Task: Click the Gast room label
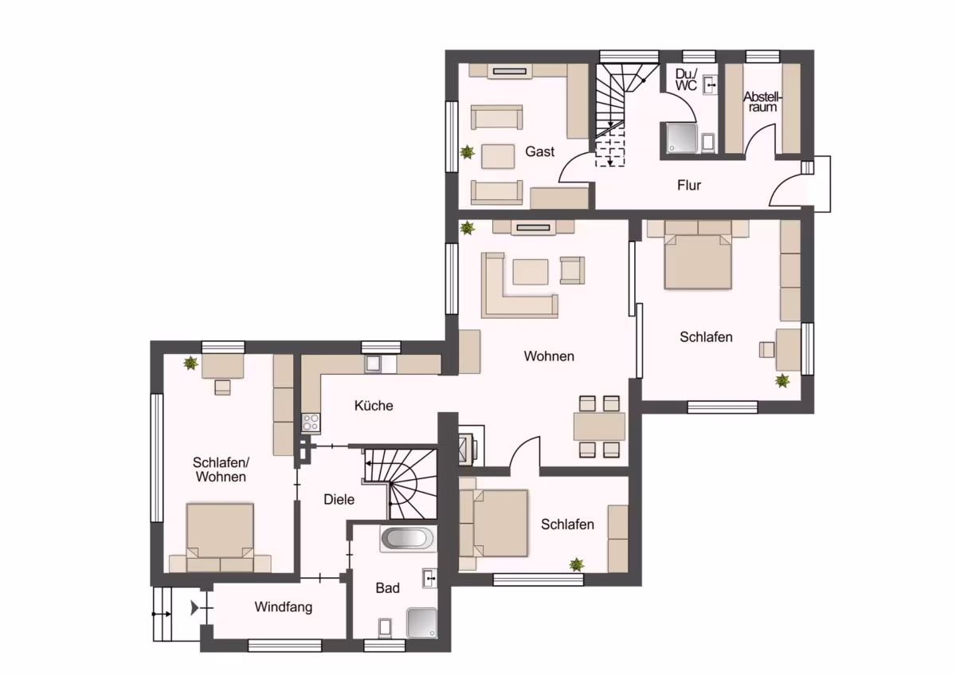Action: tap(539, 151)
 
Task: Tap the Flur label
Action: tap(689, 185)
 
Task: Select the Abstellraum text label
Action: tap(762, 102)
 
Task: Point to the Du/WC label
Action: tap(686, 80)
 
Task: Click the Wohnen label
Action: tap(549, 356)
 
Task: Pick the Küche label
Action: tap(374, 405)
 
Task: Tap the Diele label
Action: tap(339, 499)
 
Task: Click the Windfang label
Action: tap(284, 607)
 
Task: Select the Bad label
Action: tap(387, 588)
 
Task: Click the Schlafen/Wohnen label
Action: tap(221, 470)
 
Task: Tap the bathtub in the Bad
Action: tap(409, 539)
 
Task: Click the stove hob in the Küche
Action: tap(311, 422)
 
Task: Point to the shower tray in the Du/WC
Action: tap(682, 138)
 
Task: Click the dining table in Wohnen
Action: tap(599, 426)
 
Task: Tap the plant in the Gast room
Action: tap(468, 152)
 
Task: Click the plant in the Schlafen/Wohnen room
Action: tap(190, 364)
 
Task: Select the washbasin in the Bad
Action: tap(429, 578)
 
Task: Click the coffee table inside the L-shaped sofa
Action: tap(531, 272)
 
